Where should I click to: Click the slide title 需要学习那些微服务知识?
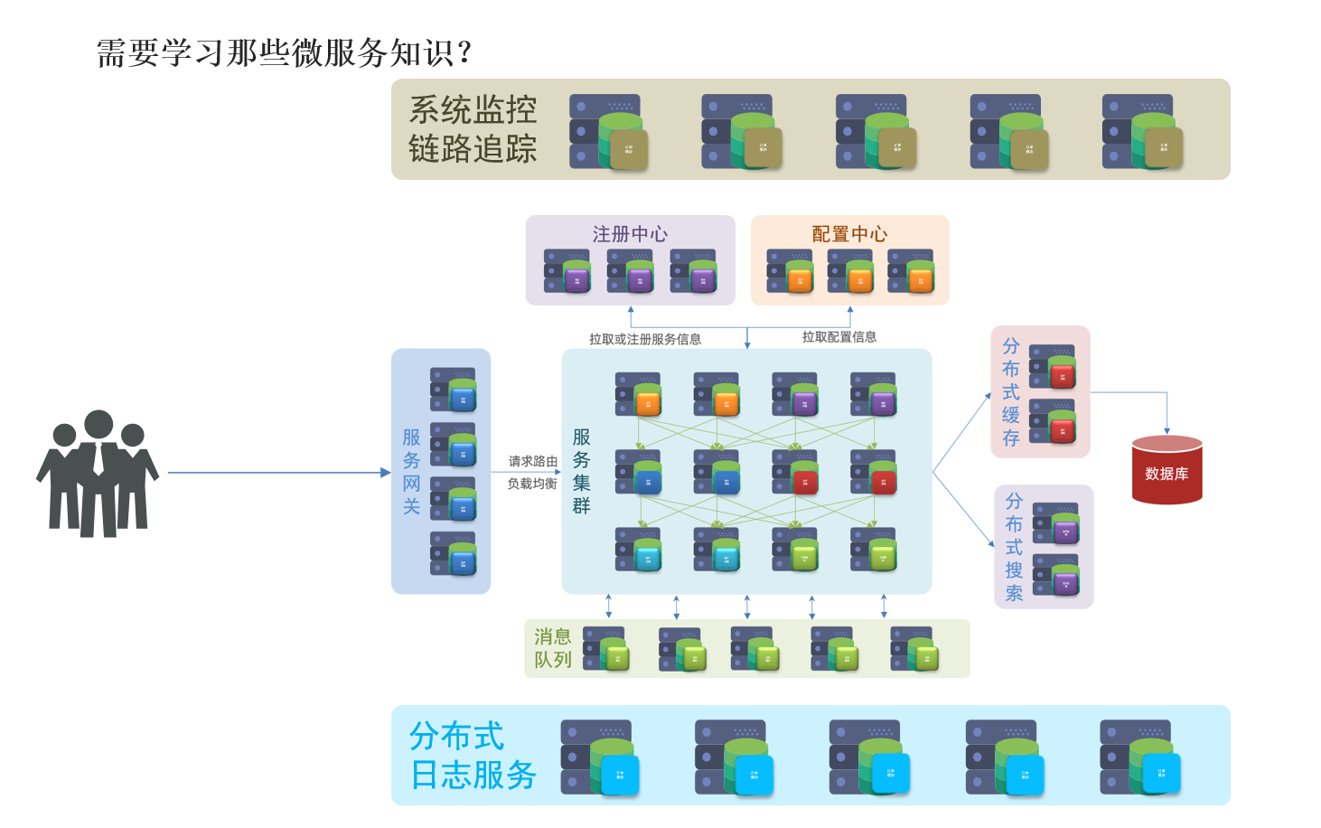click(284, 53)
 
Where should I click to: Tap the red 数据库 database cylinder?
click(1166, 470)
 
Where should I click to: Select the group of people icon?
click(98, 474)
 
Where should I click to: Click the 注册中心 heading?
click(630, 234)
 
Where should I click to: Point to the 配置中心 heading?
click(849, 234)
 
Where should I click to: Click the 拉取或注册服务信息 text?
click(645, 339)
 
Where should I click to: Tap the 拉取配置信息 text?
click(839, 337)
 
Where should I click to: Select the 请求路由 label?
click(532, 461)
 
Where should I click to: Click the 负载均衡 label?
click(532, 484)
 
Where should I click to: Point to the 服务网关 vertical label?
click(411, 472)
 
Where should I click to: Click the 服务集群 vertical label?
click(581, 472)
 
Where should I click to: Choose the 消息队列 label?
click(553, 648)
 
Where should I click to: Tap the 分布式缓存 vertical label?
click(1011, 392)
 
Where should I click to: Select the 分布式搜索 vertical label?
click(1014, 547)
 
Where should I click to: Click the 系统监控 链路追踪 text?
click(473, 129)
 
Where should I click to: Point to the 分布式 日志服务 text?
click(473, 756)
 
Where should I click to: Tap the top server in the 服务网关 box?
click(454, 390)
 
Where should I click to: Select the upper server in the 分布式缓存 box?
click(1054, 366)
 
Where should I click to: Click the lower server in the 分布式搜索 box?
click(1056, 575)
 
